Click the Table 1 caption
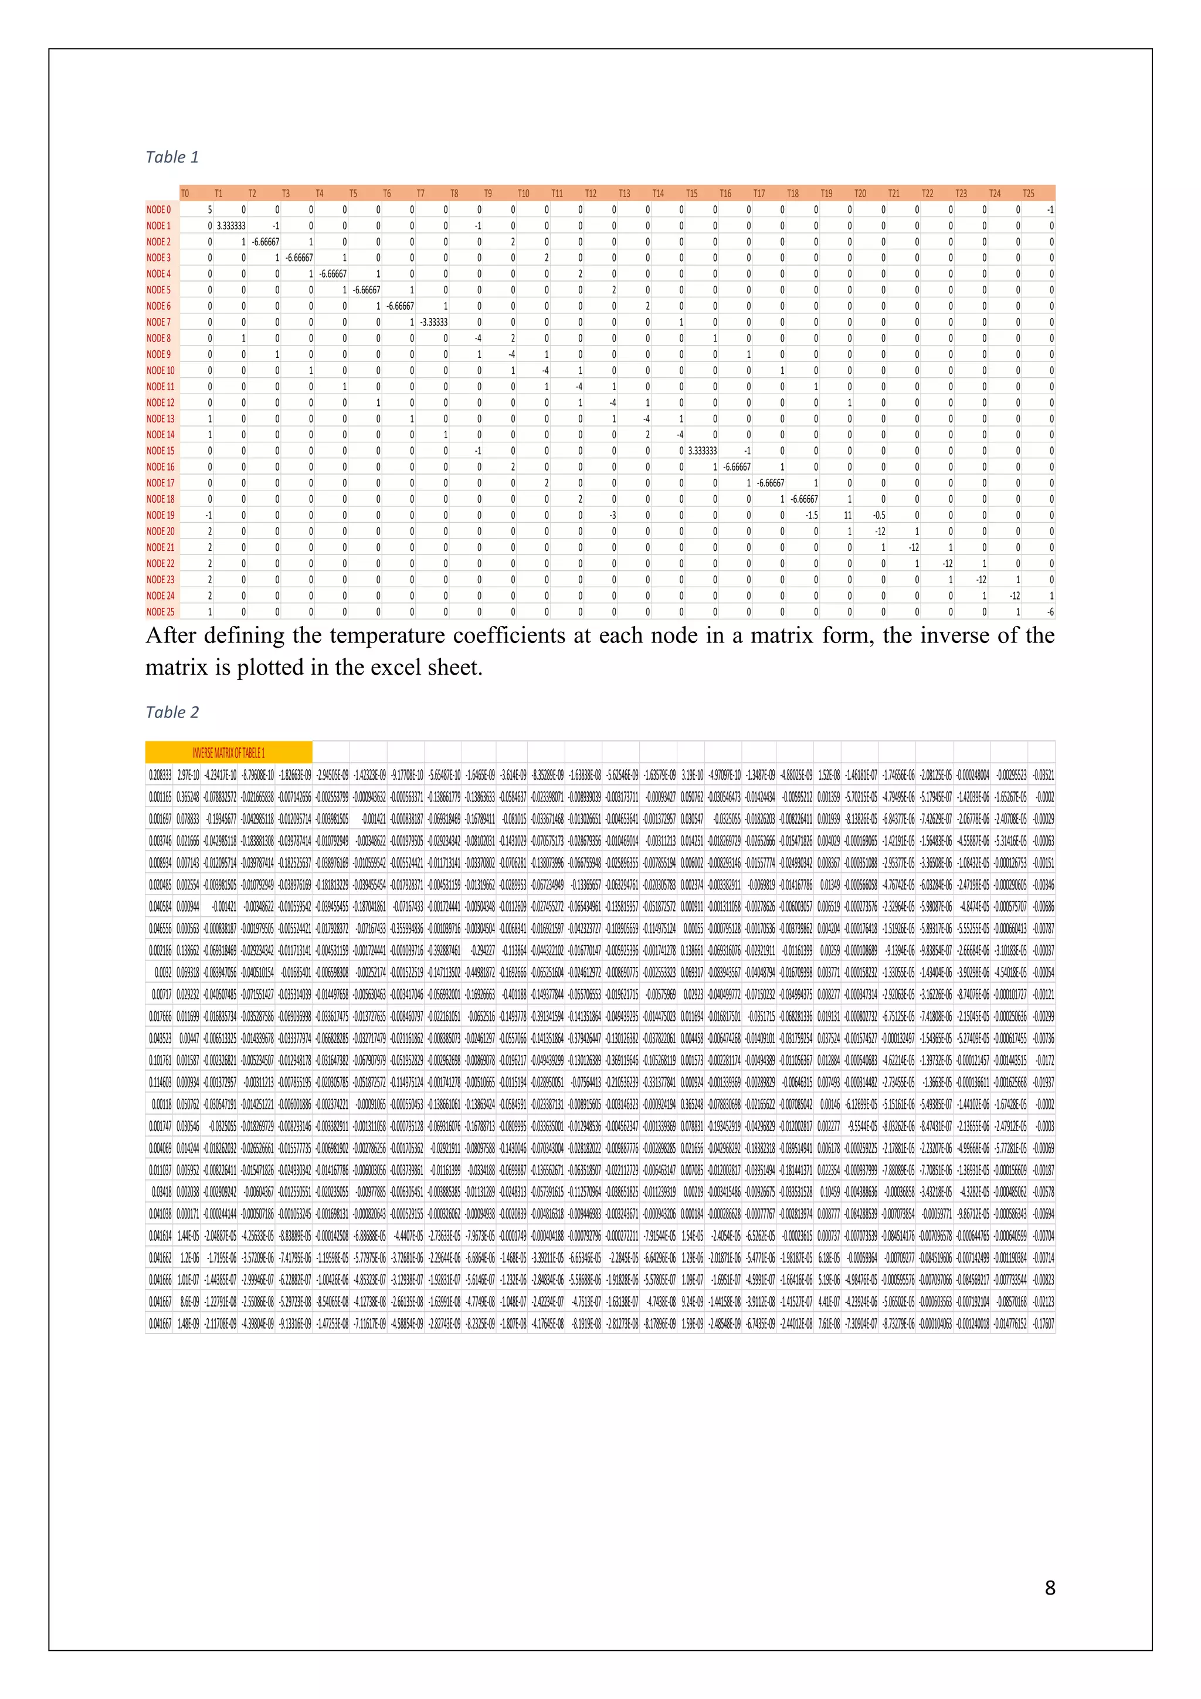pos(172,157)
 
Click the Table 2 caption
pos(172,712)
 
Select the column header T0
pos(185,194)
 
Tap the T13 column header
pos(624,194)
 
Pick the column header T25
pos(1028,194)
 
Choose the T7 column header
pos(420,194)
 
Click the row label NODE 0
pos(158,210)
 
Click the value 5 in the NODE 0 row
pos(209,210)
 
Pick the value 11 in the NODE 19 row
pos(847,515)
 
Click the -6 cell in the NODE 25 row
pos(1050,612)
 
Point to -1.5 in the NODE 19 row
pos(811,515)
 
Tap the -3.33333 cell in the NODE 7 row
pos(433,322)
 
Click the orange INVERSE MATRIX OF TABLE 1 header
pos(229,753)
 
